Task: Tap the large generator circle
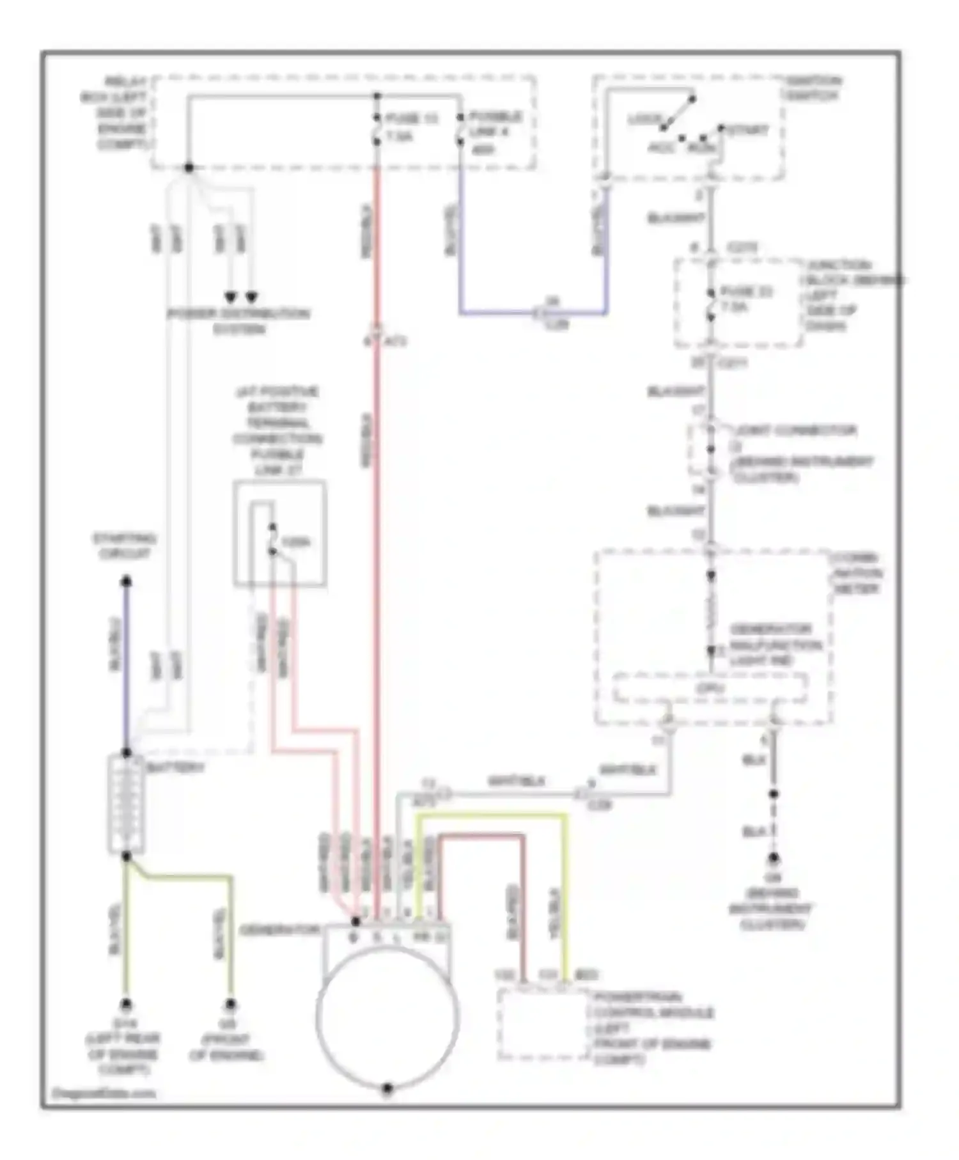click(x=387, y=1017)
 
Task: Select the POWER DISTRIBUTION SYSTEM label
click(x=238, y=322)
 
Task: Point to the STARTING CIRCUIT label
click(x=125, y=545)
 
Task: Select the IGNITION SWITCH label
click(x=813, y=88)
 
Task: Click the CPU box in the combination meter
click(x=710, y=689)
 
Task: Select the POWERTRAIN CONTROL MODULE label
click(x=652, y=1028)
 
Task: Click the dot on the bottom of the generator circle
click(x=387, y=1088)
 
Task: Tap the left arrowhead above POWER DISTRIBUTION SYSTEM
click(x=230, y=297)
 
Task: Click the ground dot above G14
click(x=126, y=1004)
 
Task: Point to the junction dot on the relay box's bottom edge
click(x=189, y=168)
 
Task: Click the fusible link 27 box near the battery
click(x=280, y=534)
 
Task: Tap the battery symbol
click(x=126, y=804)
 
